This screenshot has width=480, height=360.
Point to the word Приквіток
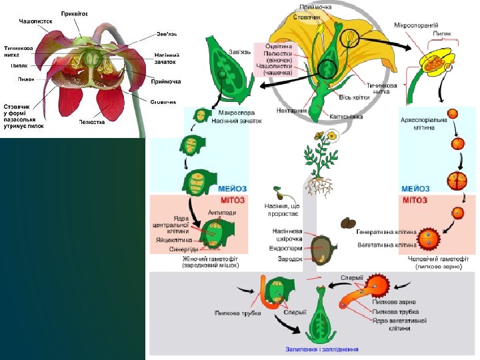[74, 13]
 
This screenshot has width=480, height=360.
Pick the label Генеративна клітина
[386, 232]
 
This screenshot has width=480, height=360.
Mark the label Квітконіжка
[345, 115]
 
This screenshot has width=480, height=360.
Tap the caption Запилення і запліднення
[322, 349]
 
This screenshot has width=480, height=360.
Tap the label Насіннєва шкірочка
[287, 235]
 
